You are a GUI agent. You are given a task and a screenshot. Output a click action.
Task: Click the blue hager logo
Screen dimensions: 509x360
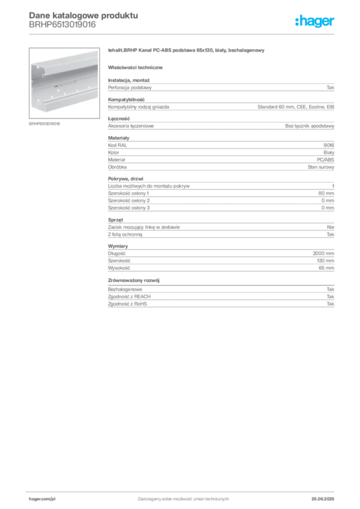pos(316,22)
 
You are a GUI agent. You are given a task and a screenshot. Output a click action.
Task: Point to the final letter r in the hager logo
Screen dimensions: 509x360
pos(334,22)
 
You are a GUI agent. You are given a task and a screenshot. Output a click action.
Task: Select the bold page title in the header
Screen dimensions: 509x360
pos(82,14)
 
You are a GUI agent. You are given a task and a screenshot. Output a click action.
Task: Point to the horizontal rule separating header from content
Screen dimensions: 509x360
pos(182,34)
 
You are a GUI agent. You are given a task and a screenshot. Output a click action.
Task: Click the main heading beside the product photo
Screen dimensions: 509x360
pos(187,52)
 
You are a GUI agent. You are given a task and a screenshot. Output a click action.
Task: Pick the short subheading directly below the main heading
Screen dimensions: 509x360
pos(137,67)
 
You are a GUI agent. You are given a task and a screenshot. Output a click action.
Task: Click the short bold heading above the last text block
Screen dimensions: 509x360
pos(134,281)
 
